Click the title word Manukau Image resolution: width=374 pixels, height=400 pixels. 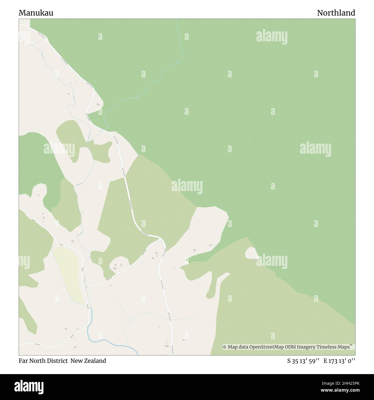[x=36, y=13]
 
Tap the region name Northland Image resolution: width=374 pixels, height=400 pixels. [x=336, y=13]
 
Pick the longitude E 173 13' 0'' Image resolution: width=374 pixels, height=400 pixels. [x=339, y=361]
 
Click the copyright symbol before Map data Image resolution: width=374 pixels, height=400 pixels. [x=225, y=347]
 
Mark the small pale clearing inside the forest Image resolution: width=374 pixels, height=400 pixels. [x=251, y=253]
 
